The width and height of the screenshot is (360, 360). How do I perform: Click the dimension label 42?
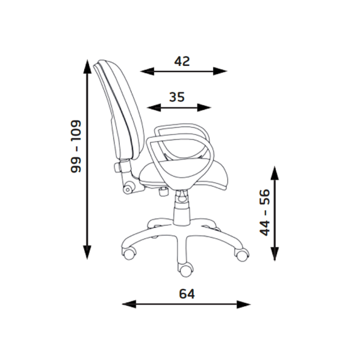click(x=182, y=61)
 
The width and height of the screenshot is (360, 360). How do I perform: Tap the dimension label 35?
click(x=177, y=97)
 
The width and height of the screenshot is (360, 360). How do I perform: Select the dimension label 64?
click(x=187, y=294)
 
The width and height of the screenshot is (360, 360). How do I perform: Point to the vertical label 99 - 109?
click(x=76, y=146)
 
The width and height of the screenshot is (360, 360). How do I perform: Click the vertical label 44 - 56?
click(x=265, y=212)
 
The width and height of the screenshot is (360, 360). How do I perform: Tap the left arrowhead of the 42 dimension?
click(x=147, y=71)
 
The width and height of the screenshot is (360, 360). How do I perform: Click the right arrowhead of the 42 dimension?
click(x=220, y=71)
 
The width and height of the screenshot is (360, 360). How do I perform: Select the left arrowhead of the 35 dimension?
click(x=153, y=107)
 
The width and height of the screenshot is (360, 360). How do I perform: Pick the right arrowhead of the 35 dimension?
click(x=204, y=107)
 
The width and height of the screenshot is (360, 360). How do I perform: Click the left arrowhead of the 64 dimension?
click(x=129, y=304)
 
